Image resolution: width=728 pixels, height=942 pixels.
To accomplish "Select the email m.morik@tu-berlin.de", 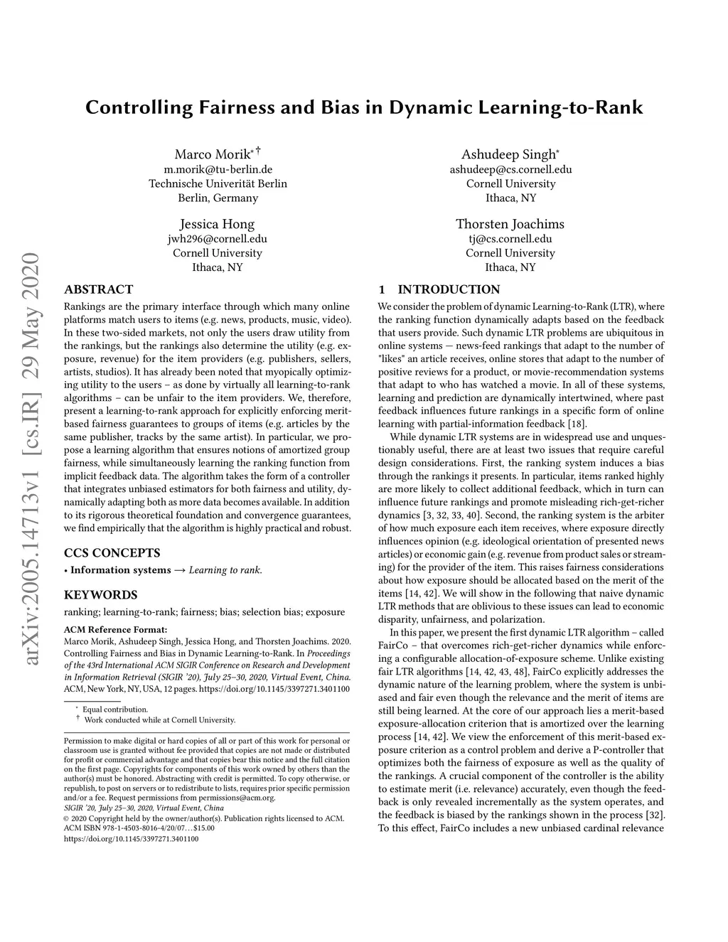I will (218, 169).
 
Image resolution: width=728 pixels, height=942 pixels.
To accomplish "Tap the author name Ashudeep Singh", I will (508, 154).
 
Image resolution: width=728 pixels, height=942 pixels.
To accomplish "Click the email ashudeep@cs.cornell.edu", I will (510, 169).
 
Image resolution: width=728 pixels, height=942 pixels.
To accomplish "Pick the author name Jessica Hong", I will (217, 224).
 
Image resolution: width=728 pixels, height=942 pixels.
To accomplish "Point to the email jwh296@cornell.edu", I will (218, 239).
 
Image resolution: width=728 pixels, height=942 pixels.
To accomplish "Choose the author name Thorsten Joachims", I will (510, 224).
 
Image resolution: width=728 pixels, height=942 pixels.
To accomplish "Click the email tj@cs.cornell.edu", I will (510, 239).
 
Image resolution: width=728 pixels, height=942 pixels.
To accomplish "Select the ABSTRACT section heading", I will (98, 289).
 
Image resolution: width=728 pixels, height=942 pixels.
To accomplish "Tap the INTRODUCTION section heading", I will (448, 289).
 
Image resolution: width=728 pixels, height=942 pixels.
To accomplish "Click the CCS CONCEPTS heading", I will (112, 552).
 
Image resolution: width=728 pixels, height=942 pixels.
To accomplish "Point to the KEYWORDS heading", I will (100, 594).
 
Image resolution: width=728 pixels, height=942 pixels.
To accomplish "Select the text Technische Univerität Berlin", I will (218, 183).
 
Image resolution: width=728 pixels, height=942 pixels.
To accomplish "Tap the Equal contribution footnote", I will (115, 709).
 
